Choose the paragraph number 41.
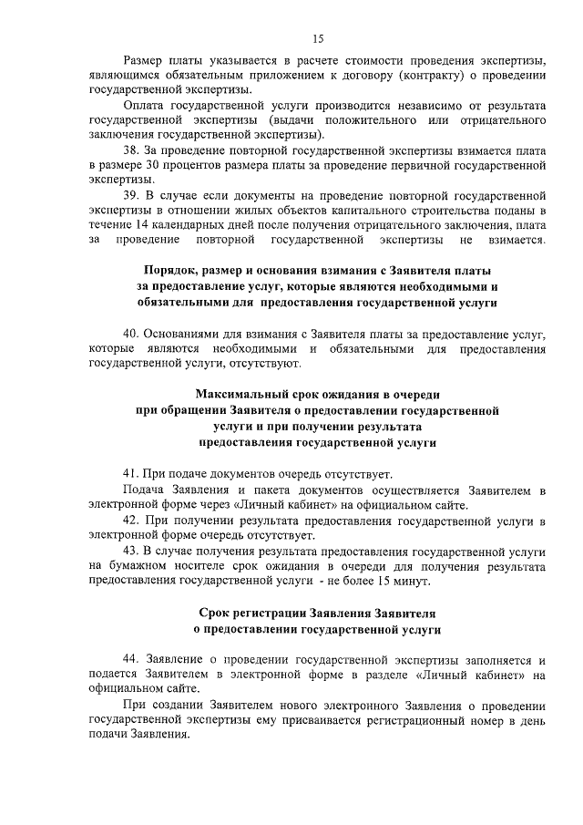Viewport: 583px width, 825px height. (130, 474)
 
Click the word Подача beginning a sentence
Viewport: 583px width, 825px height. (144, 490)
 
